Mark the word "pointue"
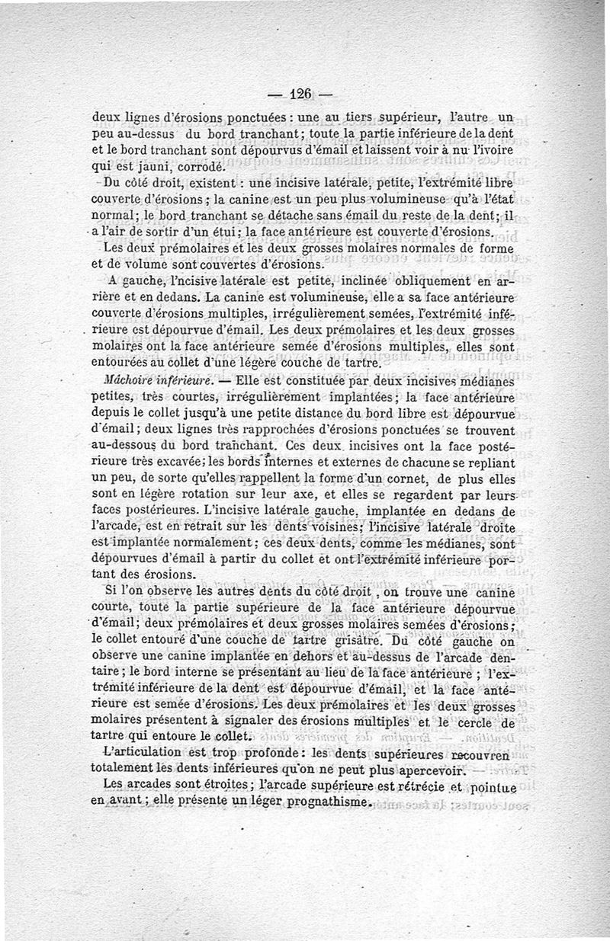click(x=492, y=787)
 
